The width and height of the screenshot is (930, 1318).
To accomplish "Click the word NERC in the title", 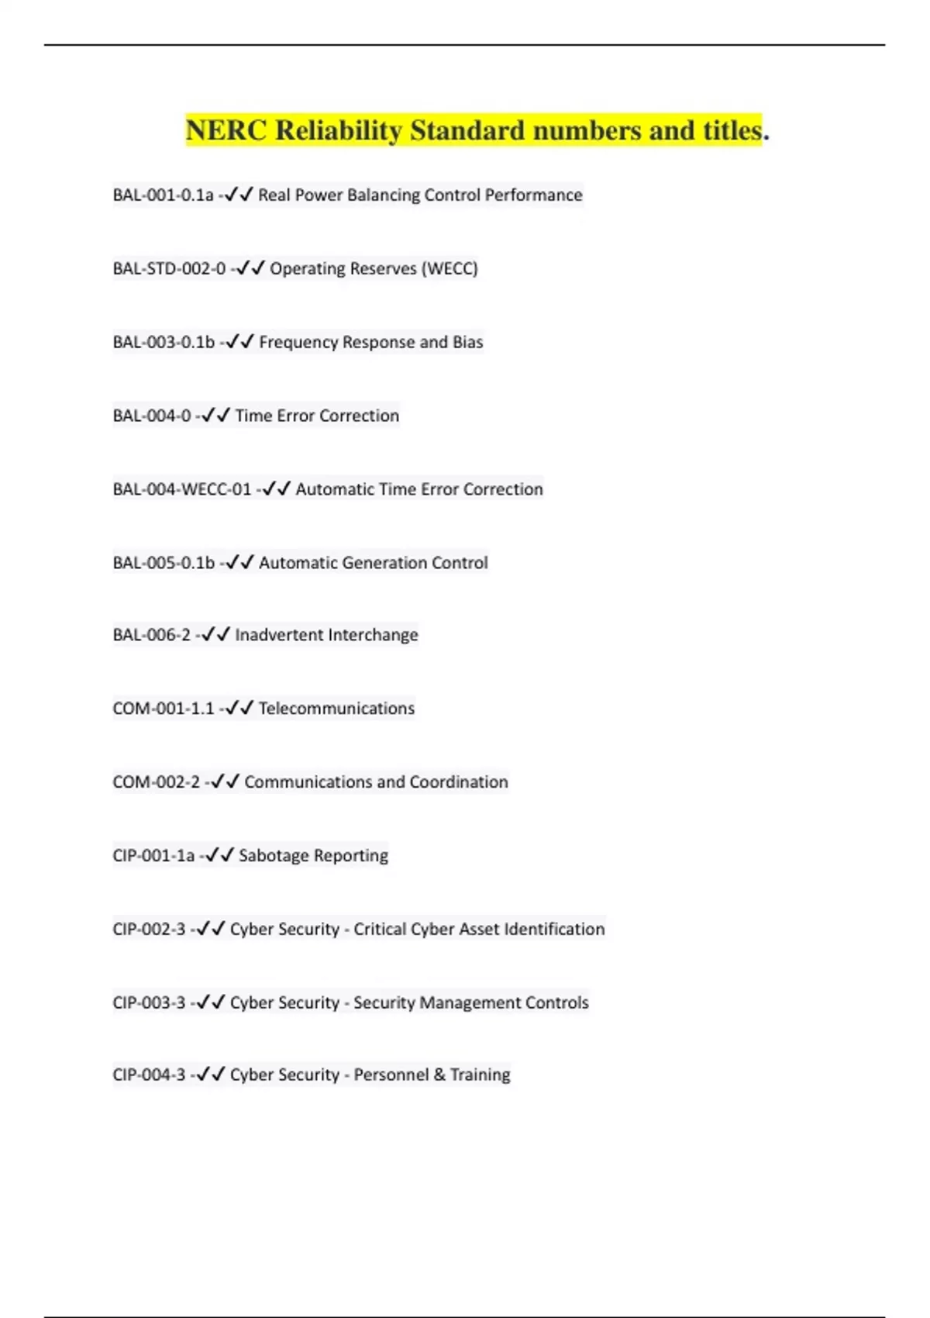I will click(x=226, y=130).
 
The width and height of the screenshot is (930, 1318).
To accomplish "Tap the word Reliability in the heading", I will click(x=339, y=130).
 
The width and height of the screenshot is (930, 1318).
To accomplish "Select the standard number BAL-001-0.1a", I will click(x=163, y=195).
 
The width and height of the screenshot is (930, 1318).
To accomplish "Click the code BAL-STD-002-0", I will click(x=169, y=268).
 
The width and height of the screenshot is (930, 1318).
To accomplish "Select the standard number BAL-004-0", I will click(x=151, y=416).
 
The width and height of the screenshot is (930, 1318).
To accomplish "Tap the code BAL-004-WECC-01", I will click(x=182, y=489).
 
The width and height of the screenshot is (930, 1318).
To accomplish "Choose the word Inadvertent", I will click(x=278, y=635).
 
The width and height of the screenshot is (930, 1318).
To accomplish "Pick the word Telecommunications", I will click(x=336, y=709).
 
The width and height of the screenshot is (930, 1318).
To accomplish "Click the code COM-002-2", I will click(x=156, y=782).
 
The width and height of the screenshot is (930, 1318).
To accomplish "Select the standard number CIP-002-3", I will click(x=149, y=929).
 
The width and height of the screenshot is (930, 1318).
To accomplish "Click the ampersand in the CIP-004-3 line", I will click(x=439, y=1075).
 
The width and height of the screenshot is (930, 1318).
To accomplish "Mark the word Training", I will click(x=480, y=1075).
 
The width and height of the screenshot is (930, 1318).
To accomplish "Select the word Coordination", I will click(x=459, y=782).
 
